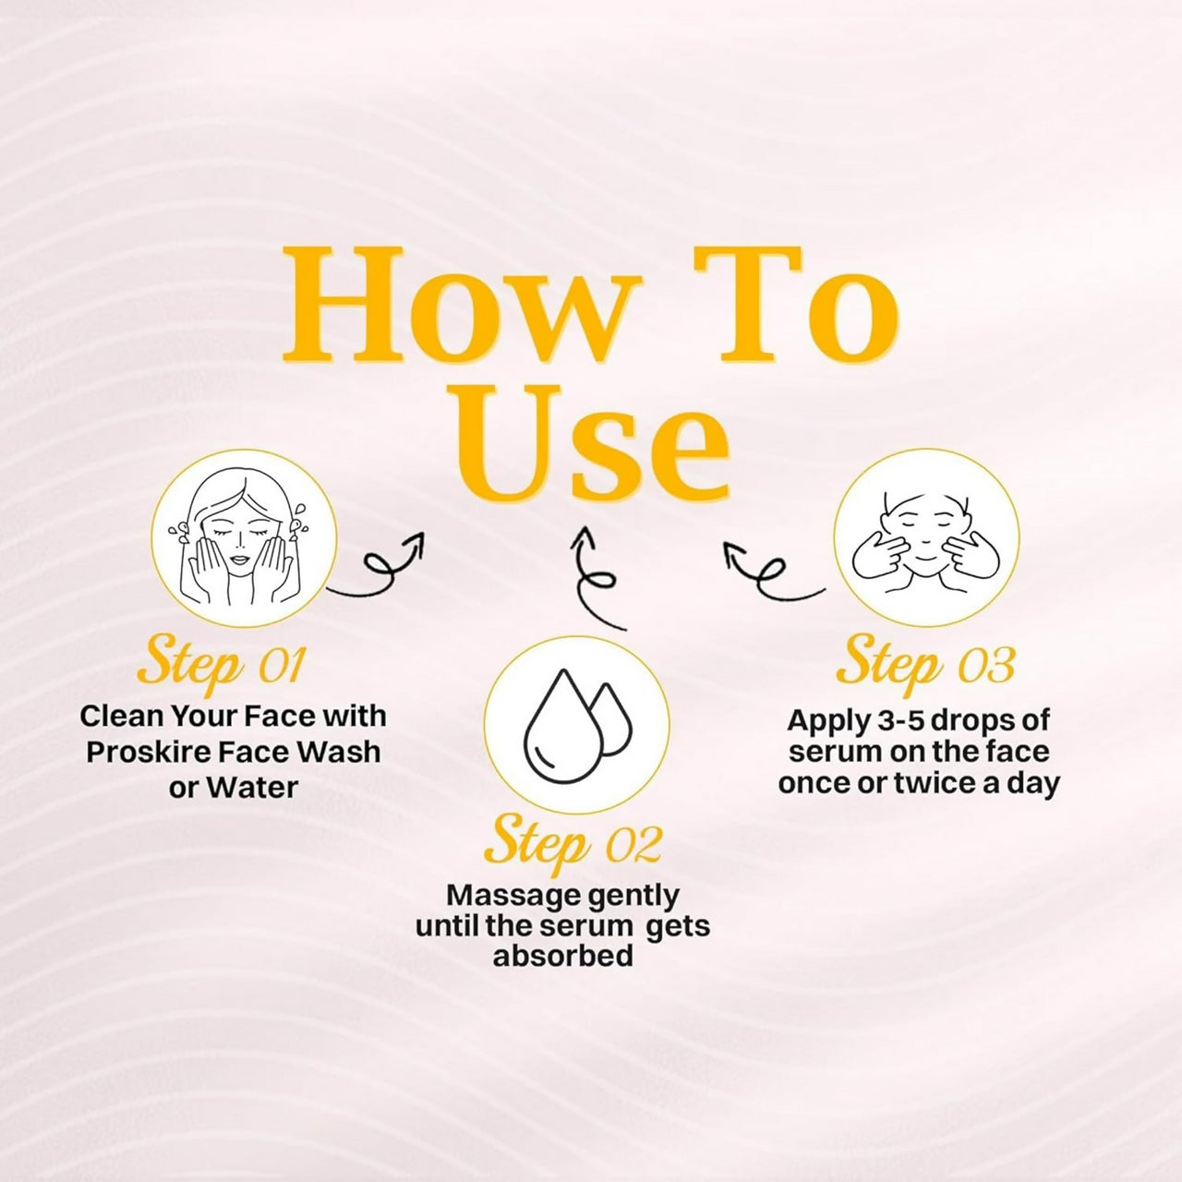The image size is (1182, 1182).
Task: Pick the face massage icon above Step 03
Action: coord(925,535)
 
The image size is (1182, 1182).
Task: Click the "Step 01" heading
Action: coord(221,666)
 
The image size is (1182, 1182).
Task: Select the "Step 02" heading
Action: coord(573,846)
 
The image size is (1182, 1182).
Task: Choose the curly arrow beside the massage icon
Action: coord(774,571)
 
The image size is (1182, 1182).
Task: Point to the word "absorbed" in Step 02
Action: coord(563,957)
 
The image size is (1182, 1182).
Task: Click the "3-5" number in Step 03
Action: coord(899,720)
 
